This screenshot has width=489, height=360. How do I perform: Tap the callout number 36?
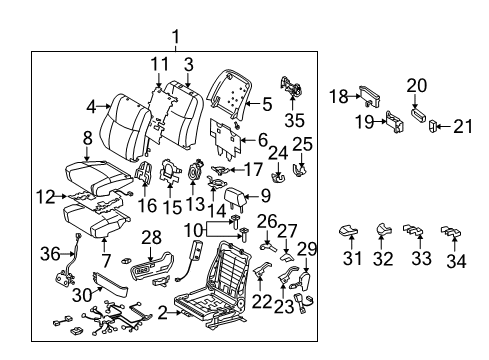pos(47,255)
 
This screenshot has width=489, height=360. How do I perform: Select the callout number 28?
pos(150,237)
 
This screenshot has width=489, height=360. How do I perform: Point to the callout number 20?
pos(417,85)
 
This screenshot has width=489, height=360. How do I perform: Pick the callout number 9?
pos(264,196)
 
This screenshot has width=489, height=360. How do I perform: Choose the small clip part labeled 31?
pos(347,232)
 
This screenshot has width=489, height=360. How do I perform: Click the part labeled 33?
pos(414,234)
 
